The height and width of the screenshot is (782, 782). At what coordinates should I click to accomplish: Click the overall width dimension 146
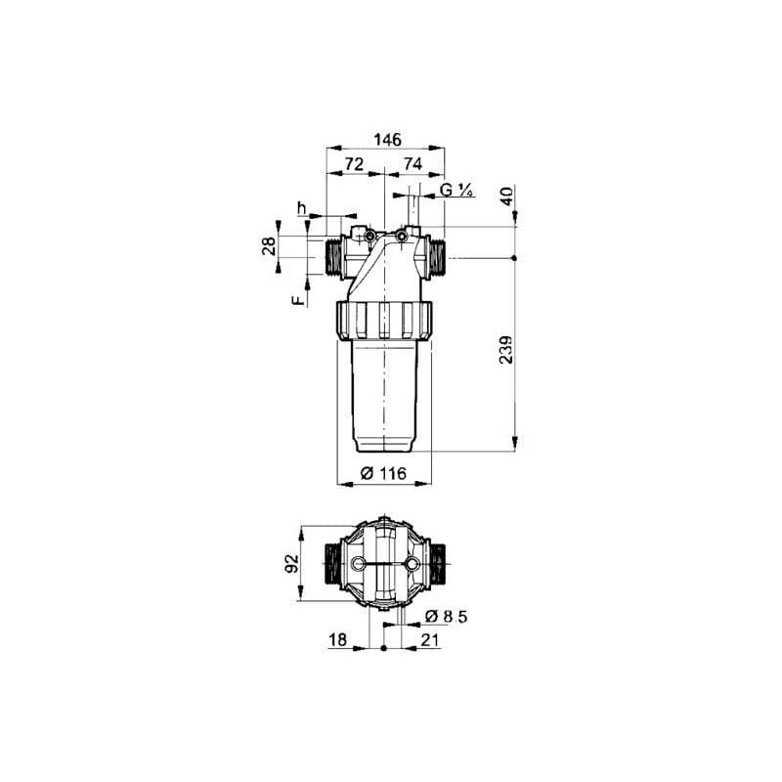pyautogui.click(x=387, y=140)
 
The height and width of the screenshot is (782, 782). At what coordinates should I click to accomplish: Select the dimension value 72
pyautogui.click(x=354, y=163)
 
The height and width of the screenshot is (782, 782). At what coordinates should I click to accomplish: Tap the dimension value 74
pyautogui.click(x=413, y=163)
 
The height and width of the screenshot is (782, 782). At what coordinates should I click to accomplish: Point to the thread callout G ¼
pyautogui.click(x=456, y=190)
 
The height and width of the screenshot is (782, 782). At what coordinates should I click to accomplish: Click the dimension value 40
pyautogui.click(x=507, y=196)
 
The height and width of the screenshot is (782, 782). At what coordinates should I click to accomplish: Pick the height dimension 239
pyautogui.click(x=506, y=350)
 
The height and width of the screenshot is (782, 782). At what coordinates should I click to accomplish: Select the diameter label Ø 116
pyautogui.click(x=383, y=473)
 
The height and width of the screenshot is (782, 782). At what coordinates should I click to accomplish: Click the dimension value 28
pyautogui.click(x=269, y=246)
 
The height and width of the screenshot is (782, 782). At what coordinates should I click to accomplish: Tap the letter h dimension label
pyautogui.click(x=301, y=207)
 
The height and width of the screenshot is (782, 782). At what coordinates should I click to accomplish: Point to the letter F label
pyautogui.click(x=298, y=300)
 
